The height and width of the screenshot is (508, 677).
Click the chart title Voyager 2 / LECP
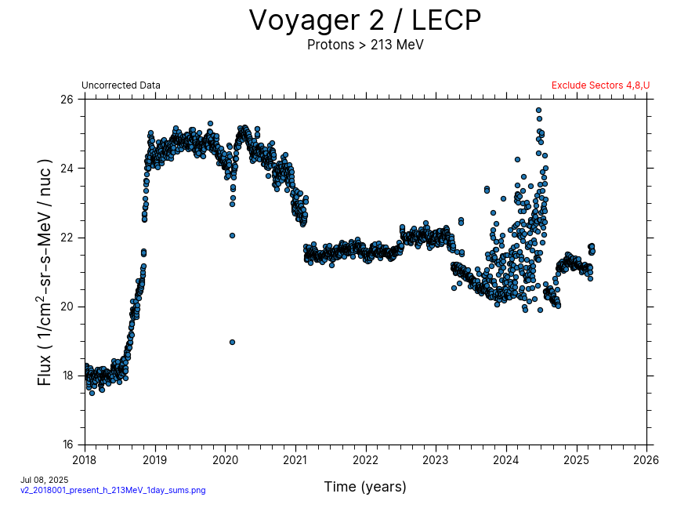pos(365,21)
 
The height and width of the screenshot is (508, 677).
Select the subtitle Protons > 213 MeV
pos(365,45)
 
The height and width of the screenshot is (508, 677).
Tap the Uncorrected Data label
pos(121,85)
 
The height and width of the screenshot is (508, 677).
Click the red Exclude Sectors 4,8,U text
pos(600,85)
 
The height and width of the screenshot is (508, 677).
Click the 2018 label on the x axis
pos(85,459)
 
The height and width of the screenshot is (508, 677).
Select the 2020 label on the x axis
pos(225,459)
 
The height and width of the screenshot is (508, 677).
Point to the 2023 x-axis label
pos(436,459)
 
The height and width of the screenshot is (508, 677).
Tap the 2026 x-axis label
pos(646,459)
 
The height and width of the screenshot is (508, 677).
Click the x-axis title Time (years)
pos(365,487)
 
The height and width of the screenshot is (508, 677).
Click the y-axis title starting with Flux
pos(45,272)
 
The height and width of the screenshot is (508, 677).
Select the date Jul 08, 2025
pos(45,480)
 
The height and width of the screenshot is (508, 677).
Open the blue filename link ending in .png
pos(113,490)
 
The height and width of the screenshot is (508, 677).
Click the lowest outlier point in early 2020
pos(232,342)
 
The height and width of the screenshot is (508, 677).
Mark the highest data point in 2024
pos(538,111)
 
